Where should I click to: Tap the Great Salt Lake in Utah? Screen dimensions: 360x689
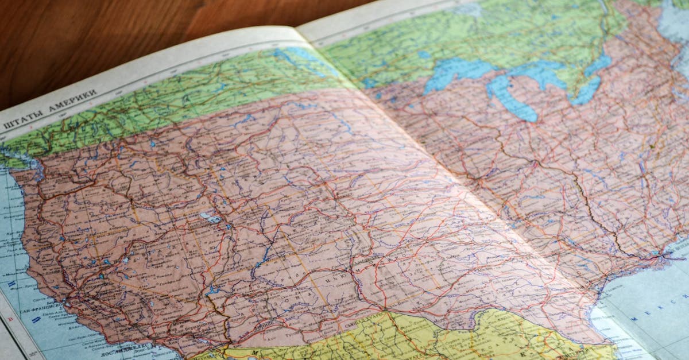(x=210, y=218)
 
